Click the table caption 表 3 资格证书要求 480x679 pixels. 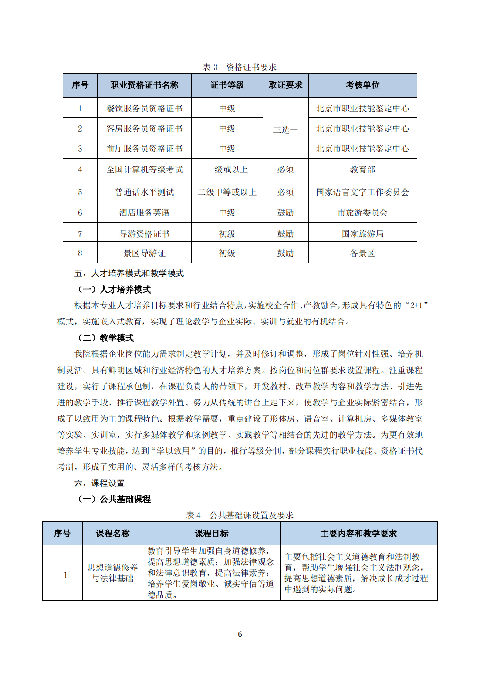click(240, 67)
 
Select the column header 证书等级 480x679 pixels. click(227, 85)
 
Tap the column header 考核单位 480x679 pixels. click(362, 85)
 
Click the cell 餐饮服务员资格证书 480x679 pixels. click(144, 108)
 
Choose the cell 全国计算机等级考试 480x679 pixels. click(144, 169)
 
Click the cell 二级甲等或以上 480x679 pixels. click(227, 192)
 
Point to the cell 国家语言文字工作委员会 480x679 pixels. click(362, 192)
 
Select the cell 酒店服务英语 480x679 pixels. click(144, 213)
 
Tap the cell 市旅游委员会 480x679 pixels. click(362, 213)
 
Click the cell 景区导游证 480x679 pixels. click(144, 253)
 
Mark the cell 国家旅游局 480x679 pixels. click(362, 234)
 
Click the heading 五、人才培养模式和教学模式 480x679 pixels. click(129, 273)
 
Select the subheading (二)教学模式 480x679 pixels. click(106, 338)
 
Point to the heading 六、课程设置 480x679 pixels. click(99, 483)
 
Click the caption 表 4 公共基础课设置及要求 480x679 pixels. click(240, 515)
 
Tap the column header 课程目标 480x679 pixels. click(211, 534)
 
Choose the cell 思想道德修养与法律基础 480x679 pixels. click(112, 573)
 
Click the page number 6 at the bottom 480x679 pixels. click(240, 634)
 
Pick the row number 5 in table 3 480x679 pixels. click(80, 192)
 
